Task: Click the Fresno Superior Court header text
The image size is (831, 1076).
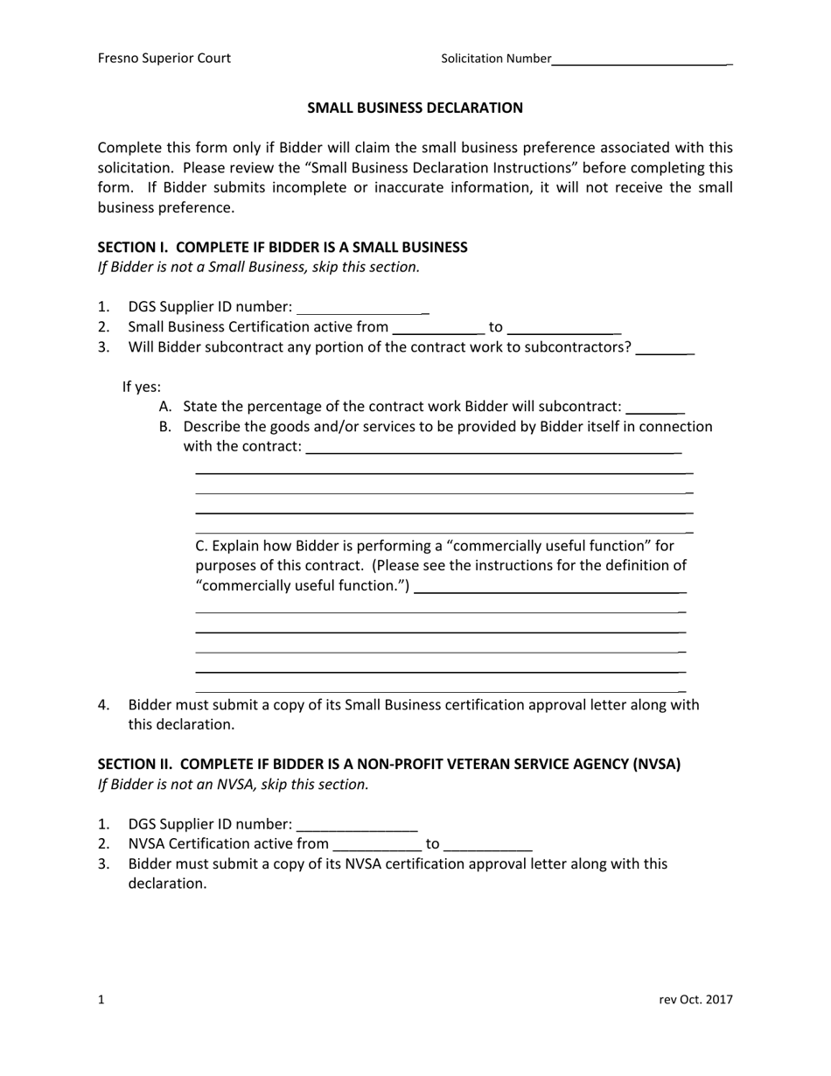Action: (164, 59)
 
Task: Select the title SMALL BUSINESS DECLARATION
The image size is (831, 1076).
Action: (415, 108)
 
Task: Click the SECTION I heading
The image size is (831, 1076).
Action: (283, 248)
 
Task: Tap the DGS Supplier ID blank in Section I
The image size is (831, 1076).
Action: (361, 309)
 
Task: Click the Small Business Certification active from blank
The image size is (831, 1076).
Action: (438, 329)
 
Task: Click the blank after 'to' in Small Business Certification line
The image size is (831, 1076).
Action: (564, 329)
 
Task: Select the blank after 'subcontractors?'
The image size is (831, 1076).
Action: (665, 349)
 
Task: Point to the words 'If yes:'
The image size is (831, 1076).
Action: (142, 387)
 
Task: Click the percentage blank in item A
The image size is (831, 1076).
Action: (655, 409)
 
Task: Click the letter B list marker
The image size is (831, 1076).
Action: (165, 427)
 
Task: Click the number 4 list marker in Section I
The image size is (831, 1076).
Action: (103, 705)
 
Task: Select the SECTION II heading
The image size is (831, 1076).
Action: (388, 764)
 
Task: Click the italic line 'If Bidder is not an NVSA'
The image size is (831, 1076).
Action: (234, 784)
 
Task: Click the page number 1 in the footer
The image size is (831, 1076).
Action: (101, 1000)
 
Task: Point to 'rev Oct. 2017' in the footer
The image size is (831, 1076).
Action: (695, 1000)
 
